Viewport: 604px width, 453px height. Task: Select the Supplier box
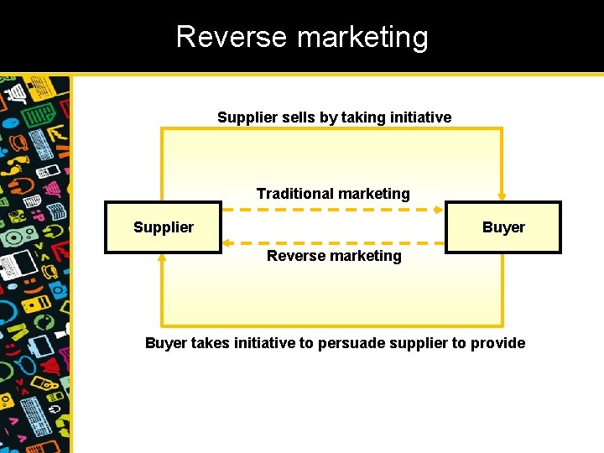(x=163, y=227)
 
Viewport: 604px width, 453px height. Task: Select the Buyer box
(x=502, y=227)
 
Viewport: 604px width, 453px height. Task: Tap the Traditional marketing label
(x=333, y=194)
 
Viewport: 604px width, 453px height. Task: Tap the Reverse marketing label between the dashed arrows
(x=334, y=256)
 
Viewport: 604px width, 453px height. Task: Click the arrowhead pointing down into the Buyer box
(x=502, y=195)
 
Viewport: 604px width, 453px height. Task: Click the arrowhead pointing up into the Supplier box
(x=162, y=258)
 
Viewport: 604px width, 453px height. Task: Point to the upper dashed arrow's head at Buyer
(x=440, y=210)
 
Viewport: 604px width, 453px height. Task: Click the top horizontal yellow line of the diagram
(x=331, y=129)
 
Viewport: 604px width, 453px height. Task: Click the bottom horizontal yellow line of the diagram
(x=331, y=325)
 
